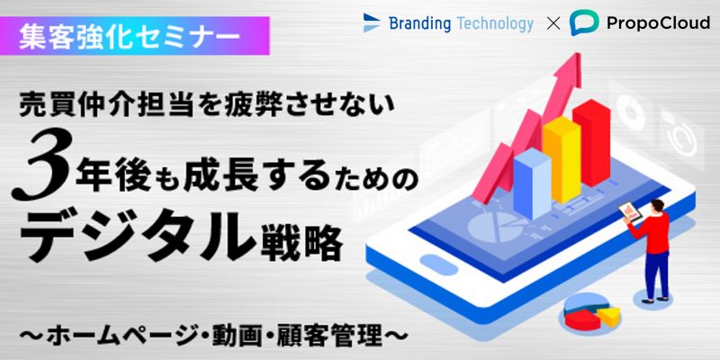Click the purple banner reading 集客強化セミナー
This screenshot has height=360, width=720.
click(134, 36)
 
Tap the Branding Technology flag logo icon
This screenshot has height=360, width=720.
click(372, 23)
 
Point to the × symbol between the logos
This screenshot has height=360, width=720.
click(553, 24)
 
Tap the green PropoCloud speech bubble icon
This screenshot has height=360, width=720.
click(584, 22)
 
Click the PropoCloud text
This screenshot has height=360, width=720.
click(658, 23)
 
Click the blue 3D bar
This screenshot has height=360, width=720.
click(532, 184)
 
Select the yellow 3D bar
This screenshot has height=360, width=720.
click(561, 159)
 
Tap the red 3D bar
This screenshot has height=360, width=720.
click(591, 142)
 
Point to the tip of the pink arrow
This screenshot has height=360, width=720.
click(580, 54)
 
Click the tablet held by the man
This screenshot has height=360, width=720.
click(630, 211)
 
